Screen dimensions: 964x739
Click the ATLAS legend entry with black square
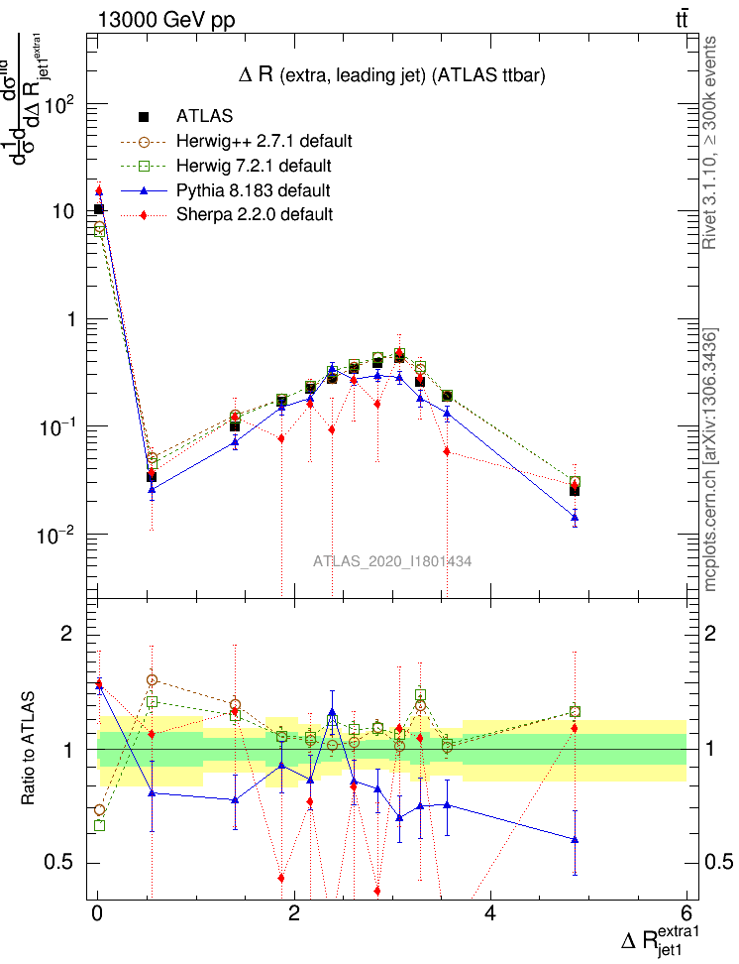204,117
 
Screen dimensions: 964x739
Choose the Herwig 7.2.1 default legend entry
254,165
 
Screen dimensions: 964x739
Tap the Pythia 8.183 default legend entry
253,189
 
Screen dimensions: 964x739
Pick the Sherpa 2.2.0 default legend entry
255,213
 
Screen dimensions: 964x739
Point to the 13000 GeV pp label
166,20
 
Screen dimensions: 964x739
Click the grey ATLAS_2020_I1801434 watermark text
392,561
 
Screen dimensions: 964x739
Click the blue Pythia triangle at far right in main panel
575,517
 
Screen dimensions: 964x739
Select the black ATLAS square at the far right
575,490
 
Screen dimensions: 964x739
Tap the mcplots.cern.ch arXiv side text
711,459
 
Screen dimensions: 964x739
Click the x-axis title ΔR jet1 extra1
660,940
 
